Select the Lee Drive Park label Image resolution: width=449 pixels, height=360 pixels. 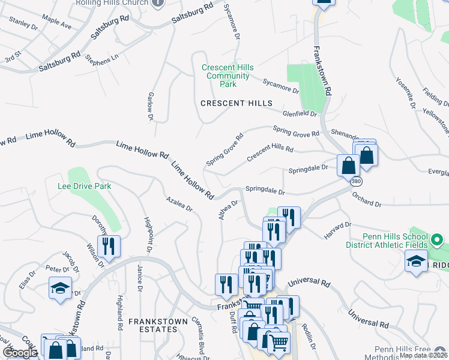coord(85,187)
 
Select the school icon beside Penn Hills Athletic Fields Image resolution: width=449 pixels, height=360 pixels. coord(417,262)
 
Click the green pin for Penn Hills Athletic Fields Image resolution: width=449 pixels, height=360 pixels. coord(437,241)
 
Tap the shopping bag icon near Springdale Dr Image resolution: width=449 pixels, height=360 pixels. coord(348,164)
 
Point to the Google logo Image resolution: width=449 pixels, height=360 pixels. coord(20,353)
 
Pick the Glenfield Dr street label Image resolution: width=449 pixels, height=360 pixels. coord(300,113)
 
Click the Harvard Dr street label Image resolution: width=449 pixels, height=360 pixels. coord(338,232)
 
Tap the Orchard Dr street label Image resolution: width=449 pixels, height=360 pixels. coord(367,200)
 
